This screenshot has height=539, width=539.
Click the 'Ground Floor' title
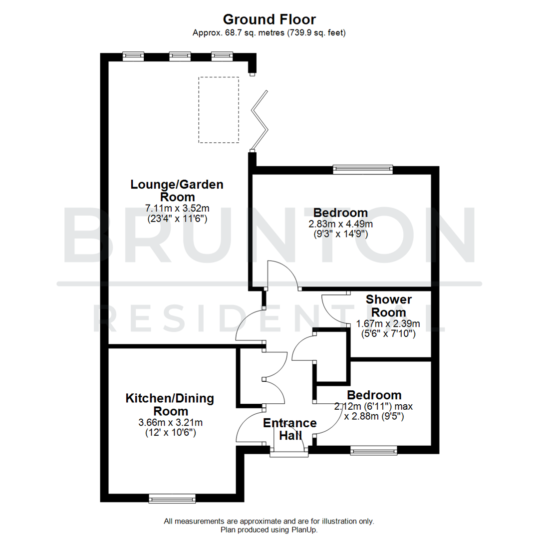coord(269,19)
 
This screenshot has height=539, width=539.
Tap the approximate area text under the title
coord(269,33)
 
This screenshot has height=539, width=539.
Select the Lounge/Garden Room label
coord(177,190)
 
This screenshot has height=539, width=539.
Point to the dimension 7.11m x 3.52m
coord(177,208)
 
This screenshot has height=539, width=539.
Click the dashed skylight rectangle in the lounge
coord(219,110)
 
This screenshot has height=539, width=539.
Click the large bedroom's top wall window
coord(363,170)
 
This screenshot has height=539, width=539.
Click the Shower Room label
coord(389,306)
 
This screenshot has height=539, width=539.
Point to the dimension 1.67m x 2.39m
coord(388,324)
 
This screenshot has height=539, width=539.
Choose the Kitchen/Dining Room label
coord(170,405)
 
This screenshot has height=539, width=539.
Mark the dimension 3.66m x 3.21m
coord(170,423)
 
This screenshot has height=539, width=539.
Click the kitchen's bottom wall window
coord(172,498)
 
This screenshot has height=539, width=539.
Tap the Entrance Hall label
coord(289,429)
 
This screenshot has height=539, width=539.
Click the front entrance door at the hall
coord(289,453)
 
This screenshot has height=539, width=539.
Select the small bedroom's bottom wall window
coord(374,451)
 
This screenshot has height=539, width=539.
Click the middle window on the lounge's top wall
coord(179,56)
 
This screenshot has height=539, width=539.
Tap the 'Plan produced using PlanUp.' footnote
coord(269,530)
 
